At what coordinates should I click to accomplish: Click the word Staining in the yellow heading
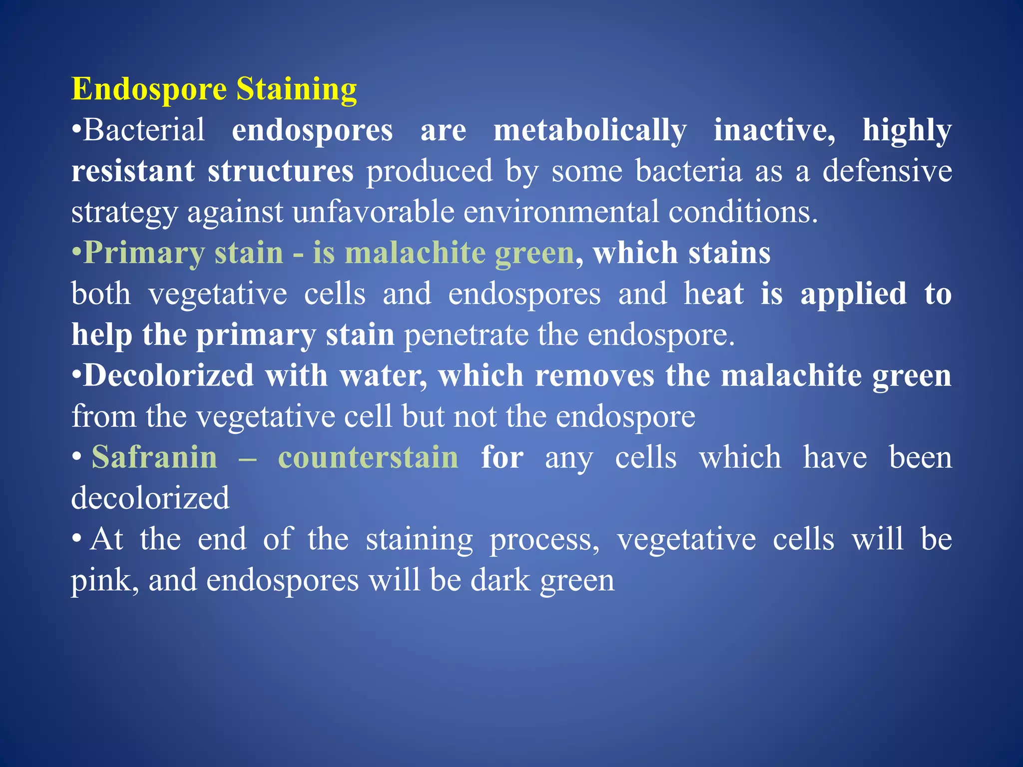[x=296, y=90]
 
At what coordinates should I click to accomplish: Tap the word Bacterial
[x=144, y=130]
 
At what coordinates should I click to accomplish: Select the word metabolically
[x=590, y=131]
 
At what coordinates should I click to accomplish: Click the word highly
[x=907, y=131]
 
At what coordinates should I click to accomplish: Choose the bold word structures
[x=280, y=171]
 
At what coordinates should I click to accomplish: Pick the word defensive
[x=887, y=171]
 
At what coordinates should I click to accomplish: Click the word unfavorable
[x=373, y=212]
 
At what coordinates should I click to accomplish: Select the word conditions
[x=743, y=212]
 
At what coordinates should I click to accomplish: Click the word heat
[x=714, y=294]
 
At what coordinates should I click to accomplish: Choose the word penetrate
[x=466, y=335]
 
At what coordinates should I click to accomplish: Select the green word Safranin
[x=154, y=457]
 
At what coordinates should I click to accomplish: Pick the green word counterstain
[x=368, y=457]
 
